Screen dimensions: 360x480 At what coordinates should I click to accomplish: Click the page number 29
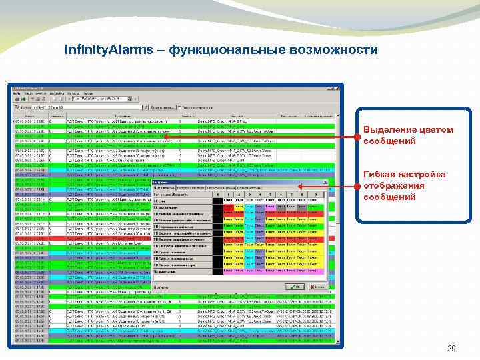point(451,348)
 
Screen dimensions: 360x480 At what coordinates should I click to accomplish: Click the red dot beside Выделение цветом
point(357,137)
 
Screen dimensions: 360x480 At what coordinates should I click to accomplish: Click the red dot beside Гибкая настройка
point(357,187)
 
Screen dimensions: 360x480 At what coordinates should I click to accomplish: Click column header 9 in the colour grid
point(314,194)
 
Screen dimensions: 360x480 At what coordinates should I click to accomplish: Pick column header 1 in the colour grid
point(228,194)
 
